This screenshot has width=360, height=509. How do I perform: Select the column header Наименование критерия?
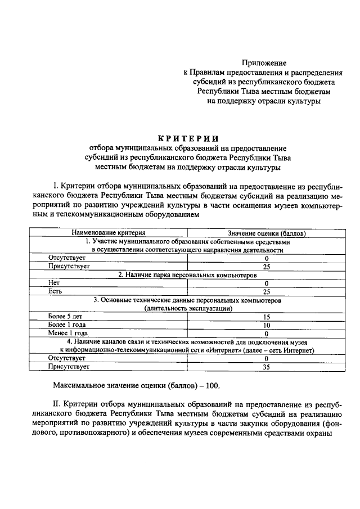tap(109, 232)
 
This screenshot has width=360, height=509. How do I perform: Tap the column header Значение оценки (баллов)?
tap(267, 233)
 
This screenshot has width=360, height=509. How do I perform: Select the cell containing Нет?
tap(55, 283)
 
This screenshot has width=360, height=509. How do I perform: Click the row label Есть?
tap(55, 291)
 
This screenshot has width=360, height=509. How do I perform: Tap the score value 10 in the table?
tap(267, 325)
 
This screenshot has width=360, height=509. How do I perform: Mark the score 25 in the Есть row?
tap(267, 291)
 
